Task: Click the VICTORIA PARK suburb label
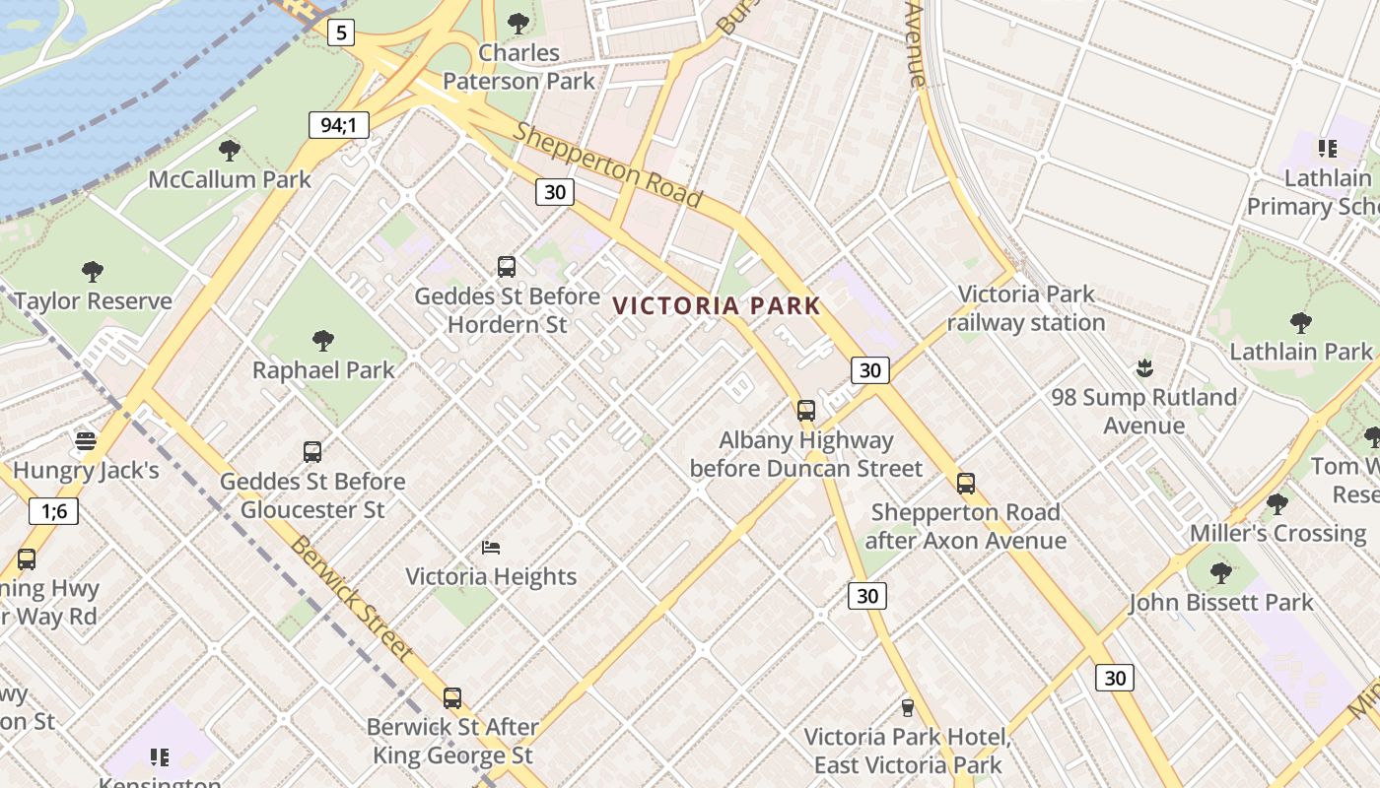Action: coord(717,305)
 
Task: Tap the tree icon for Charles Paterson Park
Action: coord(517,23)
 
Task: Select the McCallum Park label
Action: coord(230,179)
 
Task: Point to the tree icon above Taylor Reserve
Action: coord(93,271)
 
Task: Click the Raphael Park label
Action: coord(323,370)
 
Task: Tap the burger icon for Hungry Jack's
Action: coord(86,439)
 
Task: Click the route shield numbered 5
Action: coord(340,33)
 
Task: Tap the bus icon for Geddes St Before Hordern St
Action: coord(507,266)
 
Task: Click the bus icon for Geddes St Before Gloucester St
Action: coord(312,451)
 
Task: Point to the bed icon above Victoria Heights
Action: coord(491,547)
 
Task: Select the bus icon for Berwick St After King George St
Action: coord(452,697)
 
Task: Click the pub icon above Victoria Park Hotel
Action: coord(908,707)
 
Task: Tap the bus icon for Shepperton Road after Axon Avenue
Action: coord(966,483)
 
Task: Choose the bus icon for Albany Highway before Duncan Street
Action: coord(806,410)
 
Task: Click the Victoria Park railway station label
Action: coord(1026,308)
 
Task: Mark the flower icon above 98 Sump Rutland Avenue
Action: coord(1143,368)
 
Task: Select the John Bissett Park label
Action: coord(1221,602)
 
